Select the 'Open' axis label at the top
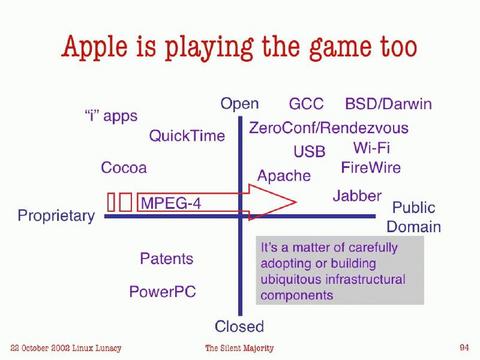[240, 104]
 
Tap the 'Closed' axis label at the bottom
[240, 326]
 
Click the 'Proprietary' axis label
[56, 215]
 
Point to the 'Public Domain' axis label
[413, 217]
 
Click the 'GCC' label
[306, 104]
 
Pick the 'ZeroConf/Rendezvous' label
[328, 128]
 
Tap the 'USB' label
[309, 152]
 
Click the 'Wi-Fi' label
[371, 148]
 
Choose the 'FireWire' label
[370, 167]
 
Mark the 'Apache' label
[284, 176]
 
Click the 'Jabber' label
[357, 195]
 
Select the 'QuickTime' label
[187, 136]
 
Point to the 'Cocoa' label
[124, 168]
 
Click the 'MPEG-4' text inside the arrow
[171, 203]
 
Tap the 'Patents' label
[166, 259]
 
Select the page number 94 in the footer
[464, 346]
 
